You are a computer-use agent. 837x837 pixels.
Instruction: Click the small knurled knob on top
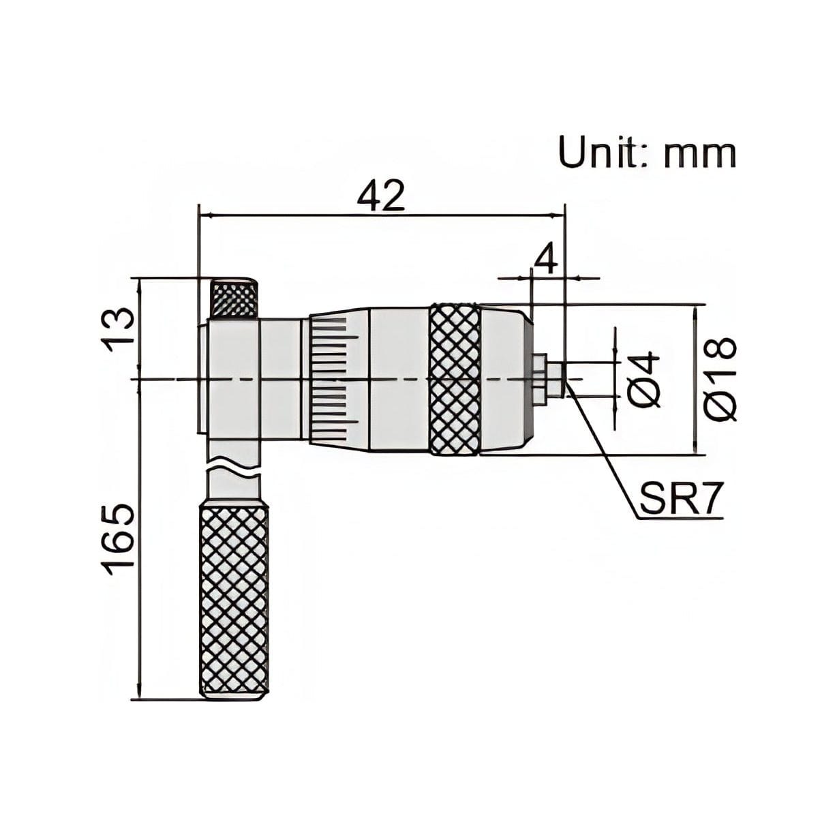[x=233, y=298]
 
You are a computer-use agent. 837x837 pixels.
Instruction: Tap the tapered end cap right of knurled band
[x=504, y=379]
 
